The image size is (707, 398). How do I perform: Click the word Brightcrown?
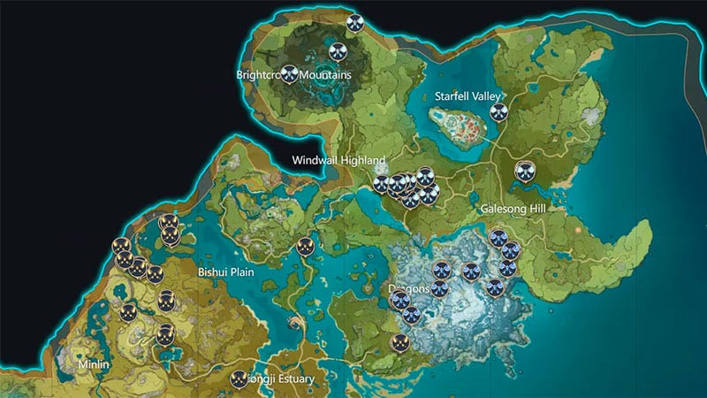(258, 75)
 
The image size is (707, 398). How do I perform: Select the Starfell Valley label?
(468, 96)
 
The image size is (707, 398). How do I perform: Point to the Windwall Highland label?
(339, 160)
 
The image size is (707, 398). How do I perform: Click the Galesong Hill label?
(515, 210)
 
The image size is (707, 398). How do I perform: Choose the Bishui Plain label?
(226, 272)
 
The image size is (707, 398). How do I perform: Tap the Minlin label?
(94, 364)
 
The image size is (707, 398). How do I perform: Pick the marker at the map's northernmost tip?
(355, 23)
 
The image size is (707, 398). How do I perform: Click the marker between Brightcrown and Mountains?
(289, 75)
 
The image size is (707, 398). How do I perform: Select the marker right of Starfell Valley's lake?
(499, 112)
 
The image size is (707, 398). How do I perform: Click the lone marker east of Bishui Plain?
(305, 248)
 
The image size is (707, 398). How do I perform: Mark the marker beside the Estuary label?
(239, 379)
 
